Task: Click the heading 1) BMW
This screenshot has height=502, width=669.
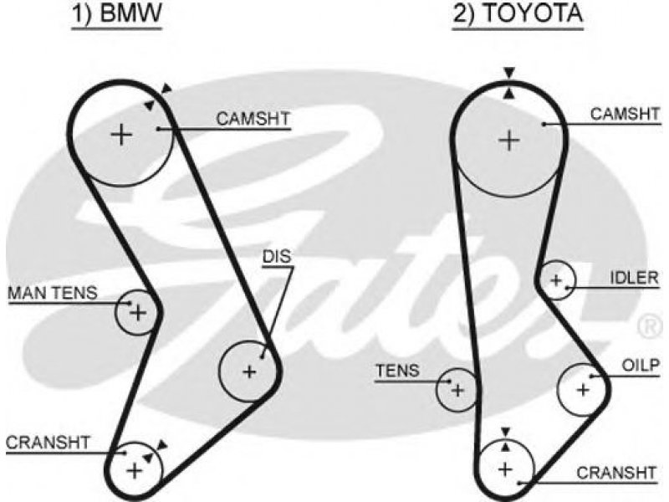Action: [116, 13]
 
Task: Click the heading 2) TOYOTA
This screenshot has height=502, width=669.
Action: [518, 13]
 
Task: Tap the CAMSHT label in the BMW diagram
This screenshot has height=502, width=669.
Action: [253, 119]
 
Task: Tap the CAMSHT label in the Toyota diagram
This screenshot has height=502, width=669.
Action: [625, 114]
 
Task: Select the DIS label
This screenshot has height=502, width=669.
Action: [277, 257]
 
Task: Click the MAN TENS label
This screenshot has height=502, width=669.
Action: [53, 293]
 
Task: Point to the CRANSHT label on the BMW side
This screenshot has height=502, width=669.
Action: [48, 443]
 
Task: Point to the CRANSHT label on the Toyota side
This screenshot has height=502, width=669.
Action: [616, 473]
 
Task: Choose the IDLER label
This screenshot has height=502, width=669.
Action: [635, 278]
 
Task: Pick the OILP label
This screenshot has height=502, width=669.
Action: [641, 366]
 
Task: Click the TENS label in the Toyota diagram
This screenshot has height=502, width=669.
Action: [397, 371]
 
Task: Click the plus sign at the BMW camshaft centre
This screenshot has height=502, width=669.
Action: [121, 135]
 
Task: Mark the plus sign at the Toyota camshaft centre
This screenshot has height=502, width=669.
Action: [509, 141]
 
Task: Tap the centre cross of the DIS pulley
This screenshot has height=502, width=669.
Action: [249, 371]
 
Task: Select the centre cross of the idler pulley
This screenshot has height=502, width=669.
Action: [556, 281]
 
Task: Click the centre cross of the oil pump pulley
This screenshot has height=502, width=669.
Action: [582, 389]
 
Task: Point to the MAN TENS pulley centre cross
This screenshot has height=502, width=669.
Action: [138, 313]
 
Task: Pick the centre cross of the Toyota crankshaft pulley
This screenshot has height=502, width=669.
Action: [506, 469]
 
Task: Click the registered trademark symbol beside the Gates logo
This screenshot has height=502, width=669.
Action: [651, 326]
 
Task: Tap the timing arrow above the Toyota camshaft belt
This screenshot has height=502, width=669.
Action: [508, 73]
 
